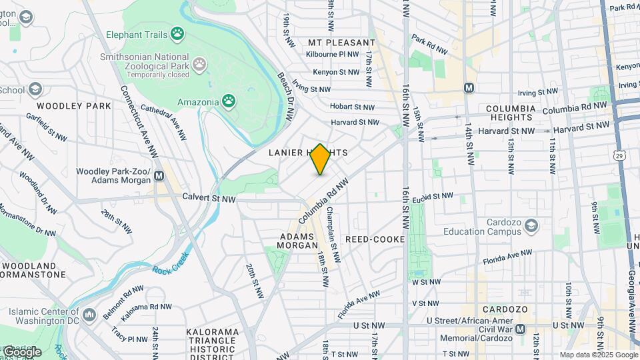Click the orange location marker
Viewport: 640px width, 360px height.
pyautogui.click(x=321, y=159)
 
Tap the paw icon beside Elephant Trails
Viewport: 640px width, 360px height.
pyautogui.click(x=177, y=33)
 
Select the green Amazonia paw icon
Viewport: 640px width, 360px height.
pyautogui.click(x=229, y=101)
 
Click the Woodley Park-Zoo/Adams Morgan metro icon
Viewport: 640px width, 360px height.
pyautogui.click(x=159, y=176)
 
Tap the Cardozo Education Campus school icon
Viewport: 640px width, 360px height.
pyautogui.click(x=531, y=227)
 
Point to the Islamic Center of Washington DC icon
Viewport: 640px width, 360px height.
pyautogui.click(x=91, y=313)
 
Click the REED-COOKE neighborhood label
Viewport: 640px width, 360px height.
pyautogui.click(x=375, y=239)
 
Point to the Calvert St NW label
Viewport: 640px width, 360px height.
pyautogui.click(x=209, y=199)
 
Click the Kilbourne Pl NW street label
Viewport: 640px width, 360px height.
pyautogui.click(x=333, y=54)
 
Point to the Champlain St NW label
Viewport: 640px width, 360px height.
pyautogui.click(x=335, y=233)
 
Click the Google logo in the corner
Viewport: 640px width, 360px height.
pyautogui.click(x=21, y=351)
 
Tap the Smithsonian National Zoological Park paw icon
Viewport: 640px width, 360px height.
pyautogui.click(x=199, y=64)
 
